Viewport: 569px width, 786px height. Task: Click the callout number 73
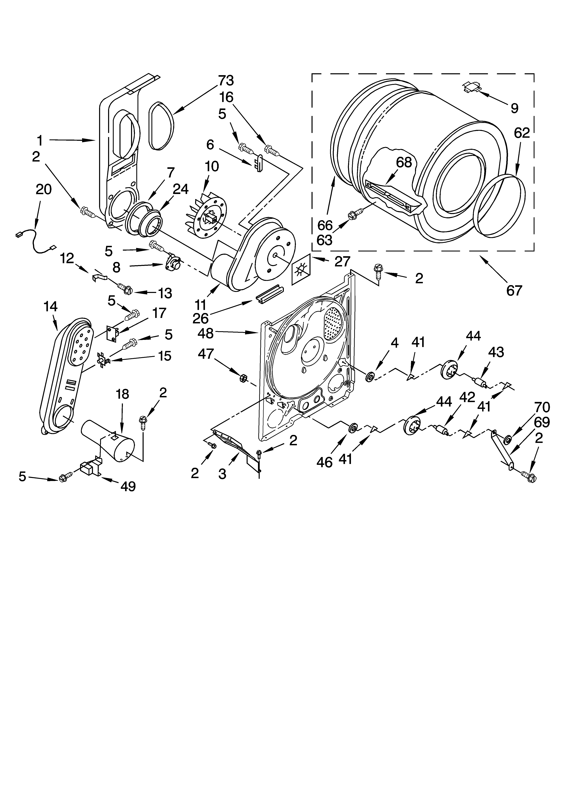[226, 80]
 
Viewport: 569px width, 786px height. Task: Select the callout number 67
[514, 290]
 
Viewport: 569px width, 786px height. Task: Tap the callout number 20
[44, 189]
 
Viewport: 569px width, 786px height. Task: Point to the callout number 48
[206, 333]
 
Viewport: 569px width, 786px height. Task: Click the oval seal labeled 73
[160, 126]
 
